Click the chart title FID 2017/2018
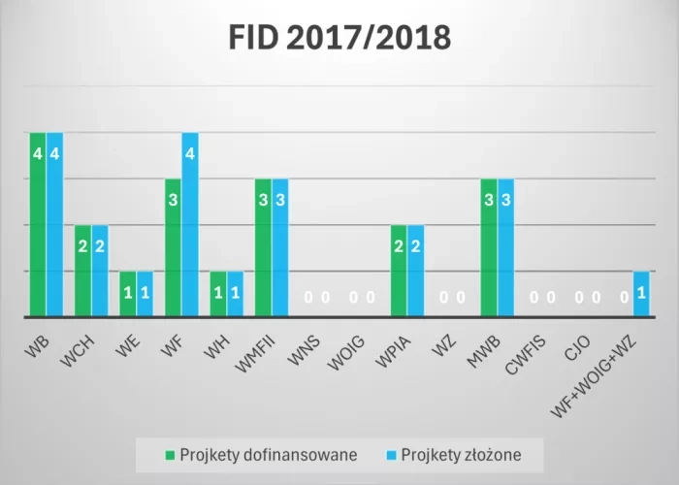(x=339, y=38)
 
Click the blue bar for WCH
(x=100, y=271)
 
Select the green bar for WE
(x=128, y=294)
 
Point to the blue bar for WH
(x=235, y=294)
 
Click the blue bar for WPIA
(x=415, y=271)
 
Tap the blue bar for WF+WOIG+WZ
(x=640, y=294)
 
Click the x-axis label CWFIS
(x=527, y=350)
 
